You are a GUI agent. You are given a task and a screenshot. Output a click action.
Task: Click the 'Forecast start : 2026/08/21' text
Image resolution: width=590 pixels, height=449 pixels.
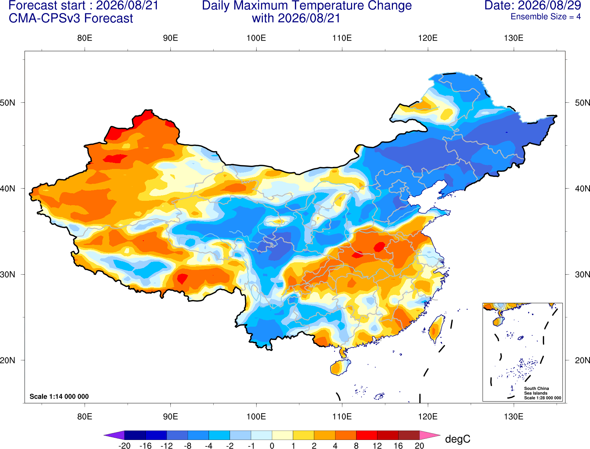84,5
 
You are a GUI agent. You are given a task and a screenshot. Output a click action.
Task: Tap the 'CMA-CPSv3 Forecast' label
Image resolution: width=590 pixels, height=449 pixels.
71,18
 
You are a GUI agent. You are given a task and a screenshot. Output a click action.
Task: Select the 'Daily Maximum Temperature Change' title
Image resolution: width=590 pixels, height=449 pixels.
307,5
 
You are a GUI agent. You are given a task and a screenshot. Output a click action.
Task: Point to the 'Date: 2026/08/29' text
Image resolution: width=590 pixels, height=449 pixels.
533,5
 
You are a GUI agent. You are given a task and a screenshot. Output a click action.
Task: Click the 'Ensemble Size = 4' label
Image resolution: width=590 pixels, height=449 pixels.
546,17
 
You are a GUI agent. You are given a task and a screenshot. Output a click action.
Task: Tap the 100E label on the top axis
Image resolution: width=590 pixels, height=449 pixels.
256,38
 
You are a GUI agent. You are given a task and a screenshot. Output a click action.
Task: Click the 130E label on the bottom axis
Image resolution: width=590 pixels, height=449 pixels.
514,417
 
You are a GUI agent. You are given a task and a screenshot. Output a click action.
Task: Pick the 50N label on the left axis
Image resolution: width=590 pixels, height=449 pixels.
8,102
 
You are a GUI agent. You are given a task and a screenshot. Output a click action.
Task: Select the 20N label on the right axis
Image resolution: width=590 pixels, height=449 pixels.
582,360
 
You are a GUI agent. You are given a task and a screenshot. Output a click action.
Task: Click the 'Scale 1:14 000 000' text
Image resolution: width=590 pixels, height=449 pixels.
59,396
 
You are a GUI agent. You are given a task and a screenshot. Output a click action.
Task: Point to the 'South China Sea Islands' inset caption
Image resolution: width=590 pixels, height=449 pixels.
536,391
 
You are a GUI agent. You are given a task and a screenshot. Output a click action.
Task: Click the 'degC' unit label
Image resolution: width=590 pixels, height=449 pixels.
458,439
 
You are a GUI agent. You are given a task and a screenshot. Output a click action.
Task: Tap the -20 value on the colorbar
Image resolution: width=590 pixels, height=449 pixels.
124,446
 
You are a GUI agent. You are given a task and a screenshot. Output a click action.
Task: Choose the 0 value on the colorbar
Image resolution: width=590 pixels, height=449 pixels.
272,446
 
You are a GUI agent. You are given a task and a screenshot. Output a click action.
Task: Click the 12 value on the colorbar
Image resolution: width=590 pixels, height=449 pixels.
377,446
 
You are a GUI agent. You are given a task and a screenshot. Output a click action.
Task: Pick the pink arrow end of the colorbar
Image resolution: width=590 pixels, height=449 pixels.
429,435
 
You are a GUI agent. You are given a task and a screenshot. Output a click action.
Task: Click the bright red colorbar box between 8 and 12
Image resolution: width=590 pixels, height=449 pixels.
367,435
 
